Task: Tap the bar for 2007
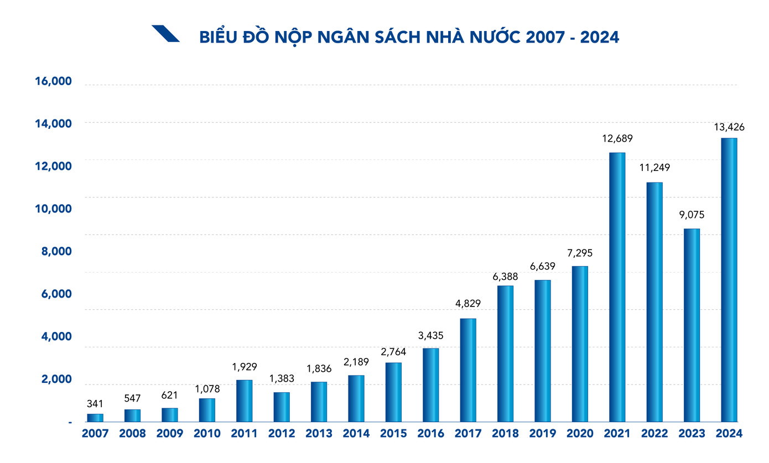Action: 95,418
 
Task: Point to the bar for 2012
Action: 282,407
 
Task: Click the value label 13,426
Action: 729,127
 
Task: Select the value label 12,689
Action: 617,138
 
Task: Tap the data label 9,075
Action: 692,215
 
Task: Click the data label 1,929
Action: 244,367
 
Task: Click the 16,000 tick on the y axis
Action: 53,82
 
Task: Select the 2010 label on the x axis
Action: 207,433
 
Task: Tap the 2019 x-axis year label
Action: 543,433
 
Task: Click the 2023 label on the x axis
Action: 692,433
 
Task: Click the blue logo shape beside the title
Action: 165,34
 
